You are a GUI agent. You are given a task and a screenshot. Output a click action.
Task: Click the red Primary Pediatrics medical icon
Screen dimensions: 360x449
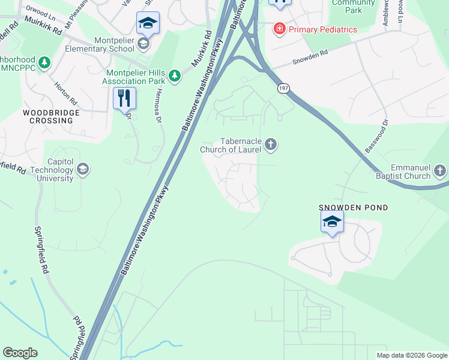pos(279,29)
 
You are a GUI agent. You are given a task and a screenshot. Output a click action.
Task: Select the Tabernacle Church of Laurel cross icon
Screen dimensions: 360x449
pos(271,144)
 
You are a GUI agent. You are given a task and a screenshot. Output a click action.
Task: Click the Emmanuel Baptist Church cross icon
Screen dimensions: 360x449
pos(440,171)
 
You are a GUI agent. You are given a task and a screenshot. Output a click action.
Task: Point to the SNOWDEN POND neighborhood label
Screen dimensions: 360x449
pos(354,208)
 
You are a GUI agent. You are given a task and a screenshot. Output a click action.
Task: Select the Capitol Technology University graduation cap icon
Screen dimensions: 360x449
pos(83,170)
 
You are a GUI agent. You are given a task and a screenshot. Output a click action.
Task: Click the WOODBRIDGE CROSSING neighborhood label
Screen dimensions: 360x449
pos(48,116)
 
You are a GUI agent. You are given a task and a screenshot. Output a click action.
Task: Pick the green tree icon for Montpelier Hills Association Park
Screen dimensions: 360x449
pos(174,76)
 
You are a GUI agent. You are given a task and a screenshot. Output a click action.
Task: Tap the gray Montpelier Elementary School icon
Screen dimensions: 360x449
pos(143,43)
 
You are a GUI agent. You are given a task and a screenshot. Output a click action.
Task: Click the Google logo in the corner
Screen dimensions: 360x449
pos(20,353)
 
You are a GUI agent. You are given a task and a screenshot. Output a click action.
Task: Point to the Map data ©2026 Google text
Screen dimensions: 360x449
pos(412,355)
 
